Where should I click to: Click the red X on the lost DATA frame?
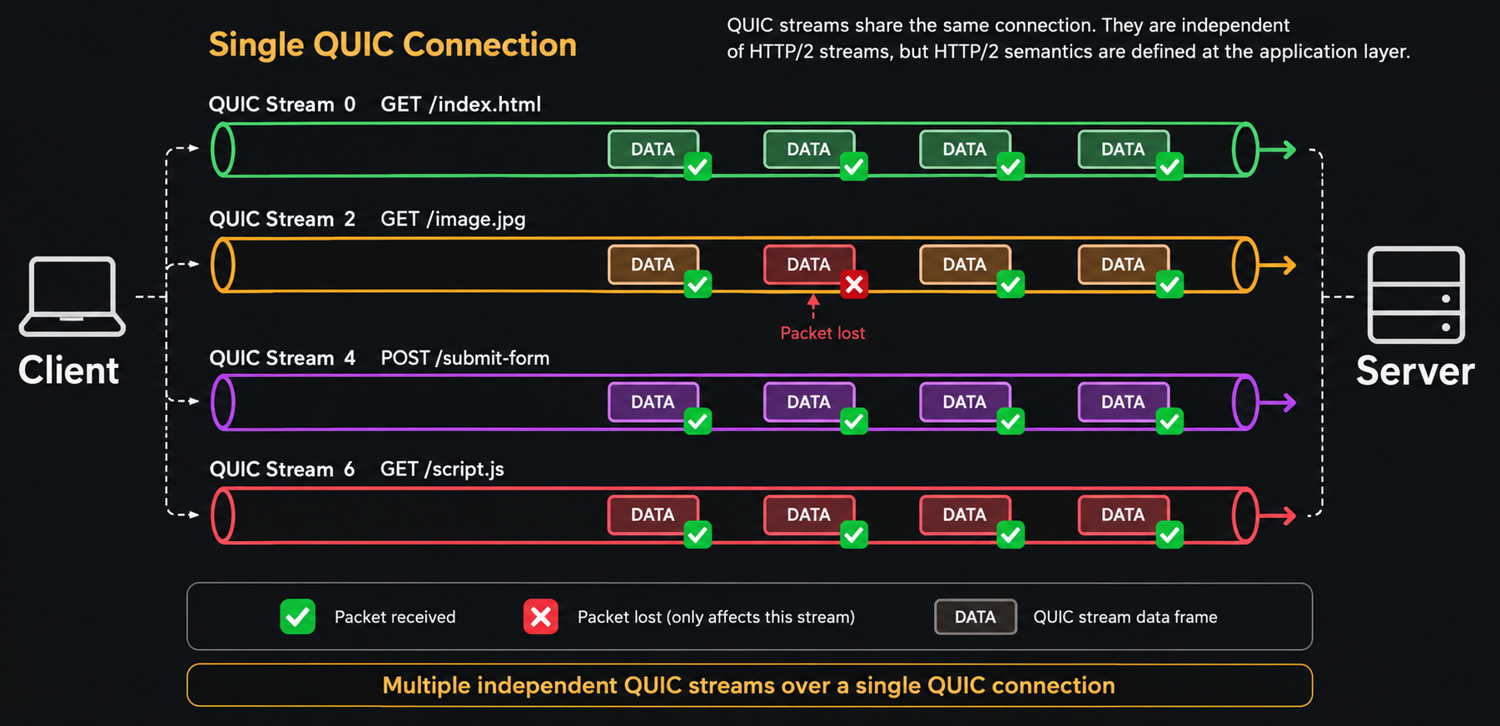854,285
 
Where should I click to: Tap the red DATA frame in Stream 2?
809,265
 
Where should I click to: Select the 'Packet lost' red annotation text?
822,333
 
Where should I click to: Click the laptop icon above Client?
72,296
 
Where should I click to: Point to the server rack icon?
1416,295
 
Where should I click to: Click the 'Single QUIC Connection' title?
393,45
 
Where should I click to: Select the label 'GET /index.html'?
461,104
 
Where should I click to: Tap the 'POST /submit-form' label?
465,358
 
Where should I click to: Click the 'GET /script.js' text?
442,470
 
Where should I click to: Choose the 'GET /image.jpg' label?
453,219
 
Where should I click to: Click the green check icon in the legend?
297,617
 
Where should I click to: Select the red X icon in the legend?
541,617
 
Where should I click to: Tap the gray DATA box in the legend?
976,617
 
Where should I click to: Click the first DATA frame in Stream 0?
653,150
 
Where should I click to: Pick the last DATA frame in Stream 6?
1124,515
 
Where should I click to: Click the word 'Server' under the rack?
1415,371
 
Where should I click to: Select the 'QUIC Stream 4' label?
282,358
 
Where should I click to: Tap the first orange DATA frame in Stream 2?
653,265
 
